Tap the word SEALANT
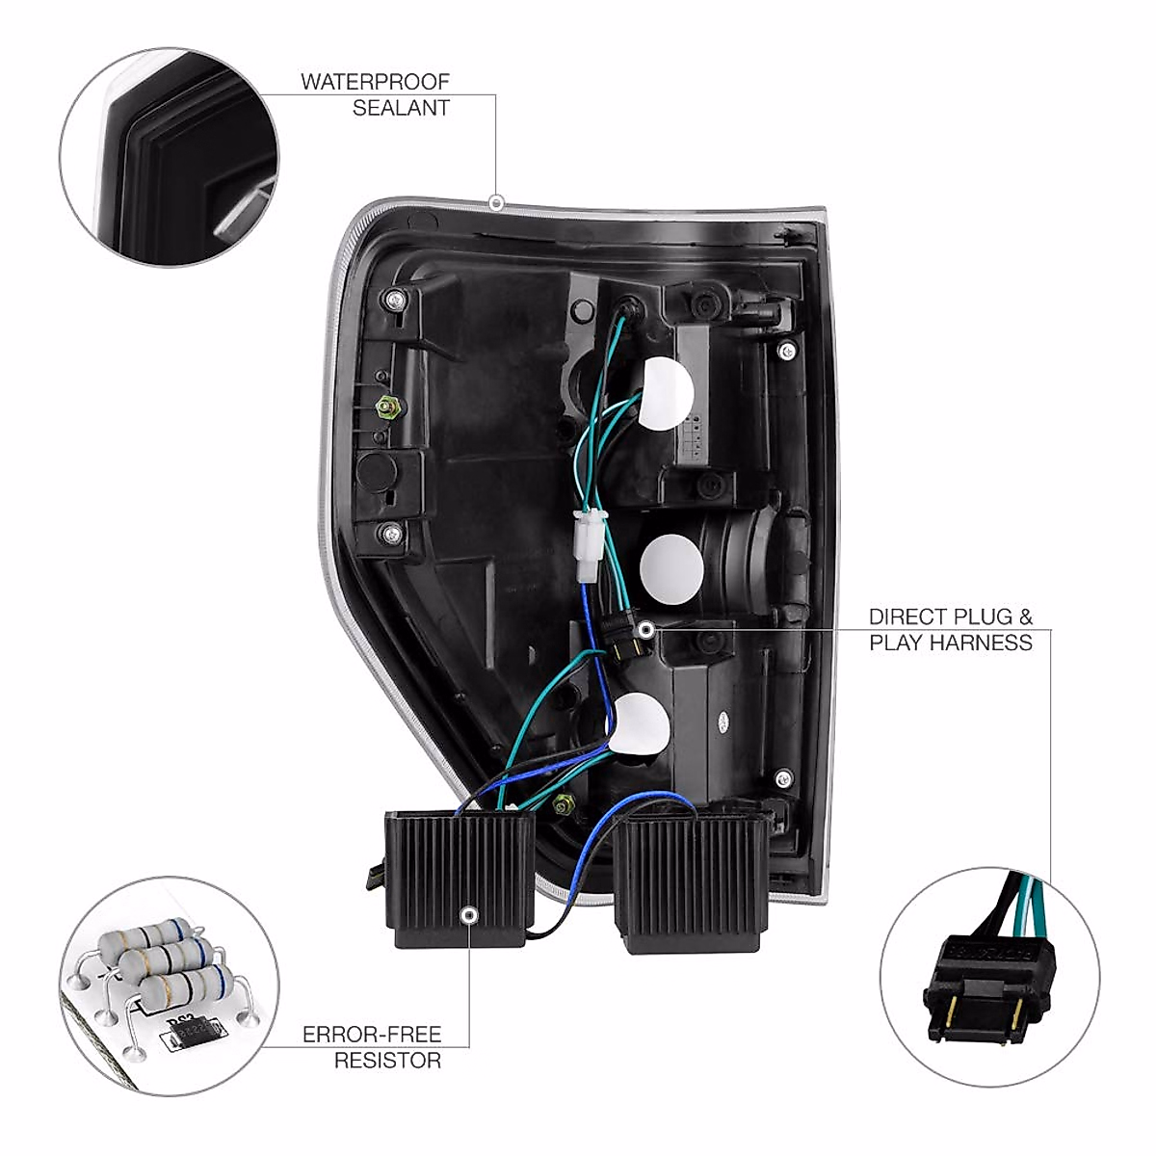tap(401, 108)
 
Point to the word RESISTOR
tap(387, 1061)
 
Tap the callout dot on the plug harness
tap(645, 630)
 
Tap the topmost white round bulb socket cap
tap(668, 393)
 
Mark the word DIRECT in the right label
tap(905, 617)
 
